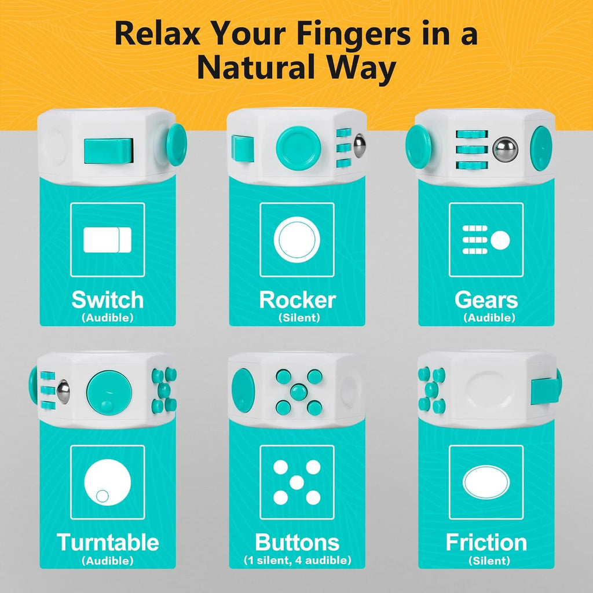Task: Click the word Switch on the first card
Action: [x=108, y=300]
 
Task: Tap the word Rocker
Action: [x=297, y=300]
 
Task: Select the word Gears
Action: [x=486, y=300]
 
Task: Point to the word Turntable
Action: [x=108, y=542]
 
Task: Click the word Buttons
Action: [x=297, y=542]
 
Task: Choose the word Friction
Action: [x=486, y=542]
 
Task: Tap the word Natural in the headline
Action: [x=256, y=67]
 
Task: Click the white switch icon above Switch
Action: [x=107, y=240]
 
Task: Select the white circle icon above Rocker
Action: [x=297, y=240]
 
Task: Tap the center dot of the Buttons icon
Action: [x=297, y=482]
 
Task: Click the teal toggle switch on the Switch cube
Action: [x=108, y=151]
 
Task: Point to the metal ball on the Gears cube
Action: [x=505, y=149]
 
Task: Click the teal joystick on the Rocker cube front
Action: [x=298, y=148]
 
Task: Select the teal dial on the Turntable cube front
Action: [x=109, y=393]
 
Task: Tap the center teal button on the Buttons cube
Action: [x=299, y=391]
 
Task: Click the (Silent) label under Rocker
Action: [x=299, y=318]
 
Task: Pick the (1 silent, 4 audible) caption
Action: [x=298, y=560]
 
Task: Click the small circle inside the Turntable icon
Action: [x=102, y=496]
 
